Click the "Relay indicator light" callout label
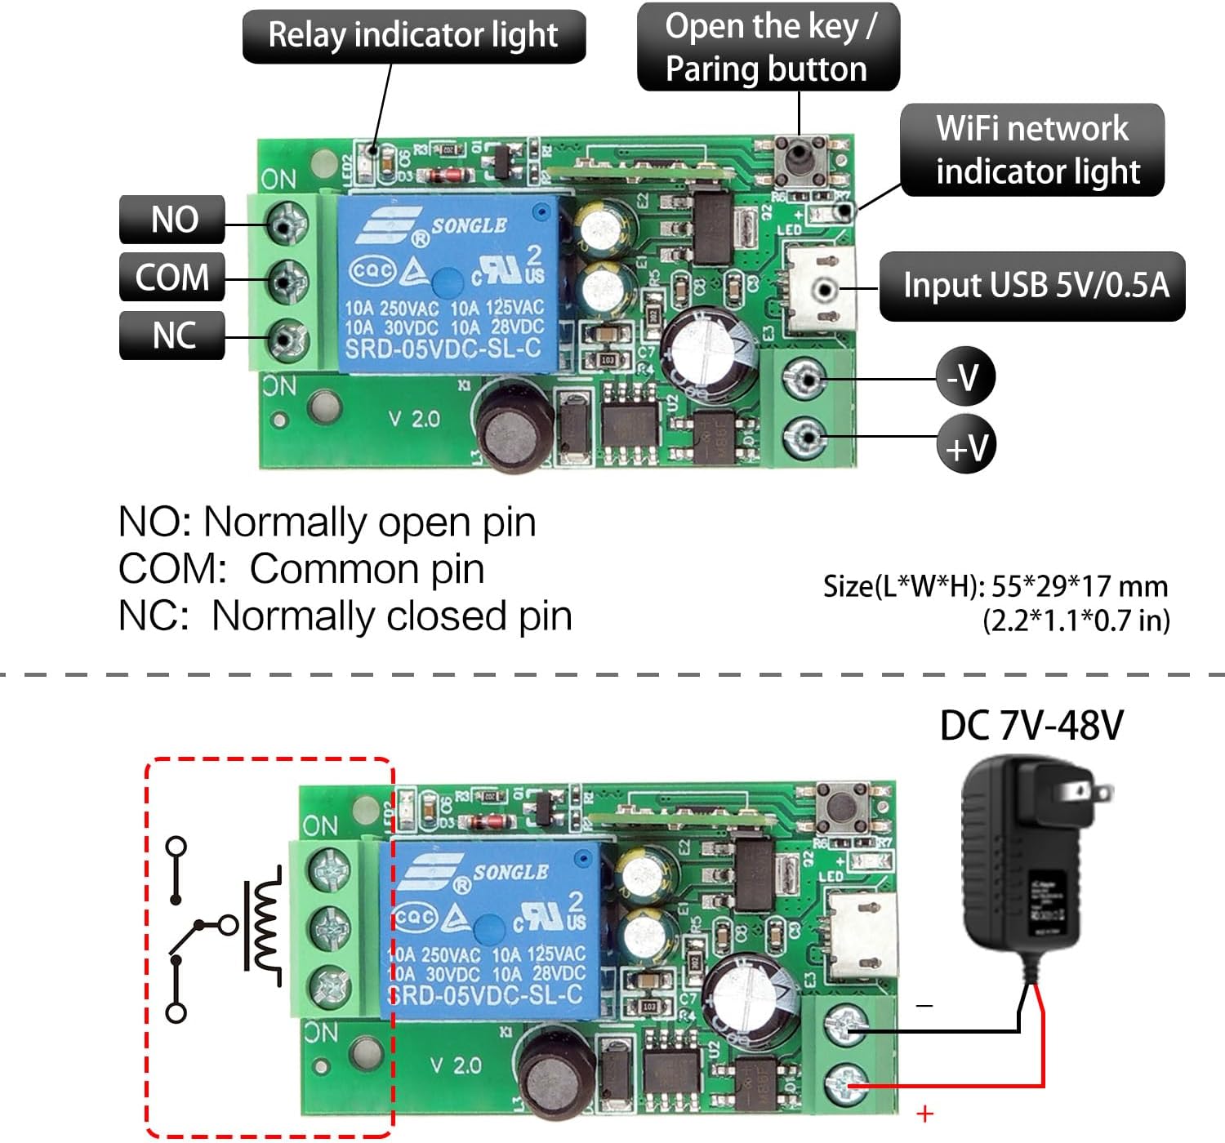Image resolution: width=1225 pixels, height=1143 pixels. coord(413,36)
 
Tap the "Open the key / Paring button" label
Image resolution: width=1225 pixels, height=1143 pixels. coord(768,47)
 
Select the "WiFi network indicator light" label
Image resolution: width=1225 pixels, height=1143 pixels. coord(1032,150)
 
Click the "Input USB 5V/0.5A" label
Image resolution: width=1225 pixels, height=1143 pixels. coord(1032,286)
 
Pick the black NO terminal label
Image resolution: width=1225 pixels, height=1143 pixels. coord(172,220)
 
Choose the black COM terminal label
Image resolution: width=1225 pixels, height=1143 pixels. coord(172,278)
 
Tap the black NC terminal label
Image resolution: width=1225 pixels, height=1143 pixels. coord(172,335)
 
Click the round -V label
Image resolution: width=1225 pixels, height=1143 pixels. coord(965,377)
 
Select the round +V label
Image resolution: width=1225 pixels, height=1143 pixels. coord(966,446)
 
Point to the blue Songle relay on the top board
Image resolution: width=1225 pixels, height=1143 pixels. coord(448,283)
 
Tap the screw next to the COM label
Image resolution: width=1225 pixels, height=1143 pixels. coord(283,282)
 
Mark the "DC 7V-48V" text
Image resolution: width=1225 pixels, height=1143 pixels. coord(1031,725)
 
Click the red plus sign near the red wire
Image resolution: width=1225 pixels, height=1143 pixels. coord(924,1114)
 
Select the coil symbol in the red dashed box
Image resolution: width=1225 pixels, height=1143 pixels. coord(263,925)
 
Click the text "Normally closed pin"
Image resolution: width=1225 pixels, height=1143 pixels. coord(392,616)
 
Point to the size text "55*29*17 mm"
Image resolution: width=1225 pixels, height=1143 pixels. coord(1078,586)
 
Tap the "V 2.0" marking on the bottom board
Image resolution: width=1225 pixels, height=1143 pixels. coord(456,1065)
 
